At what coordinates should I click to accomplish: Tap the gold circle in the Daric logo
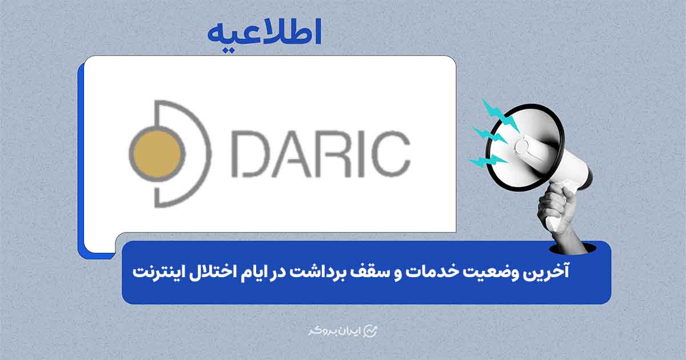click(156, 153)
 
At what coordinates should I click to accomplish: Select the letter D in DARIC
click(252, 154)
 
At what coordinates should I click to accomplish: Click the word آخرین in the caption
click(549, 272)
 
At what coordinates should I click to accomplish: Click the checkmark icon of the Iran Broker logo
click(372, 331)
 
